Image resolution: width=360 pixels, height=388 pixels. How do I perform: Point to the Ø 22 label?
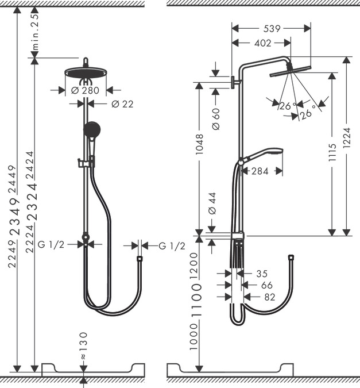(x=122, y=103)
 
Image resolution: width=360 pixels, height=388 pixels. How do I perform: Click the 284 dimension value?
(x=261, y=171)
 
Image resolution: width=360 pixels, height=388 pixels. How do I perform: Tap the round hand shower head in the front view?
(x=92, y=129)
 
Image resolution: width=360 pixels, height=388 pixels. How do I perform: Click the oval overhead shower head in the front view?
(x=86, y=72)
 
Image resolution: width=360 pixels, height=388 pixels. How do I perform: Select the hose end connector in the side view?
(x=291, y=258)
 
